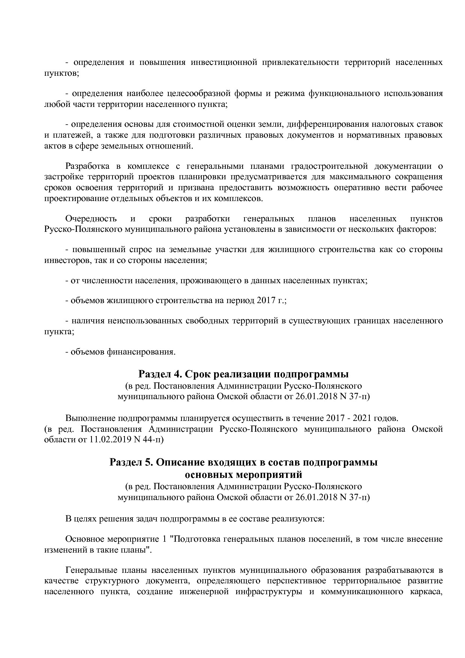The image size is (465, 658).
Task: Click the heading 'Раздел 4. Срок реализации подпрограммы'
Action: pyautogui.click(x=243, y=374)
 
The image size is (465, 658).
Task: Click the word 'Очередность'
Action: pyautogui.click(x=91, y=218)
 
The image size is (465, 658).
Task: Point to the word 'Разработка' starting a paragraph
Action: pyautogui.click(x=87, y=166)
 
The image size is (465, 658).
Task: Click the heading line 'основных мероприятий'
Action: pyautogui.click(x=243, y=475)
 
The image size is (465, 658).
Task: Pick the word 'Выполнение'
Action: pyautogui.click(x=90, y=418)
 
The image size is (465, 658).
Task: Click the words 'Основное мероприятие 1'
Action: pyautogui.click(x=115, y=539)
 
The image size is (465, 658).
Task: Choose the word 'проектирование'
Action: pyautogui.click(x=73, y=198)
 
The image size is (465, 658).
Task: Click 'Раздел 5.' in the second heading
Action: pyautogui.click(x=131, y=462)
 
